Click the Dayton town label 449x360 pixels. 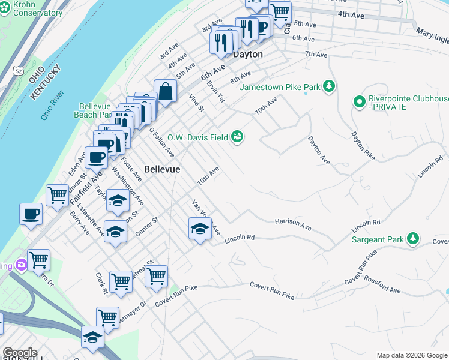(x=248, y=54)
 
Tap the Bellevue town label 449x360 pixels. (x=162, y=170)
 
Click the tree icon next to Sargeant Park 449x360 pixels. (x=412, y=239)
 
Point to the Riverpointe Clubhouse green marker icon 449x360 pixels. (x=360, y=102)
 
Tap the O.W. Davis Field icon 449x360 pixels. (x=238, y=137)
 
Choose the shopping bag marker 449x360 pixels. (x=165, y=92)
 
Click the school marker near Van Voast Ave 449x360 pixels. (x=200, y=229)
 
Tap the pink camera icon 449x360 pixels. (x=22, y=265)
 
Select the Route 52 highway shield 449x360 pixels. (x=20, y=55)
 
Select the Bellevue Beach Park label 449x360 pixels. (x=95, y=110)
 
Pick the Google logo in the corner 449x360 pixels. (x=20, y=353)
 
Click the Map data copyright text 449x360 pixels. (x=412, y=355)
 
